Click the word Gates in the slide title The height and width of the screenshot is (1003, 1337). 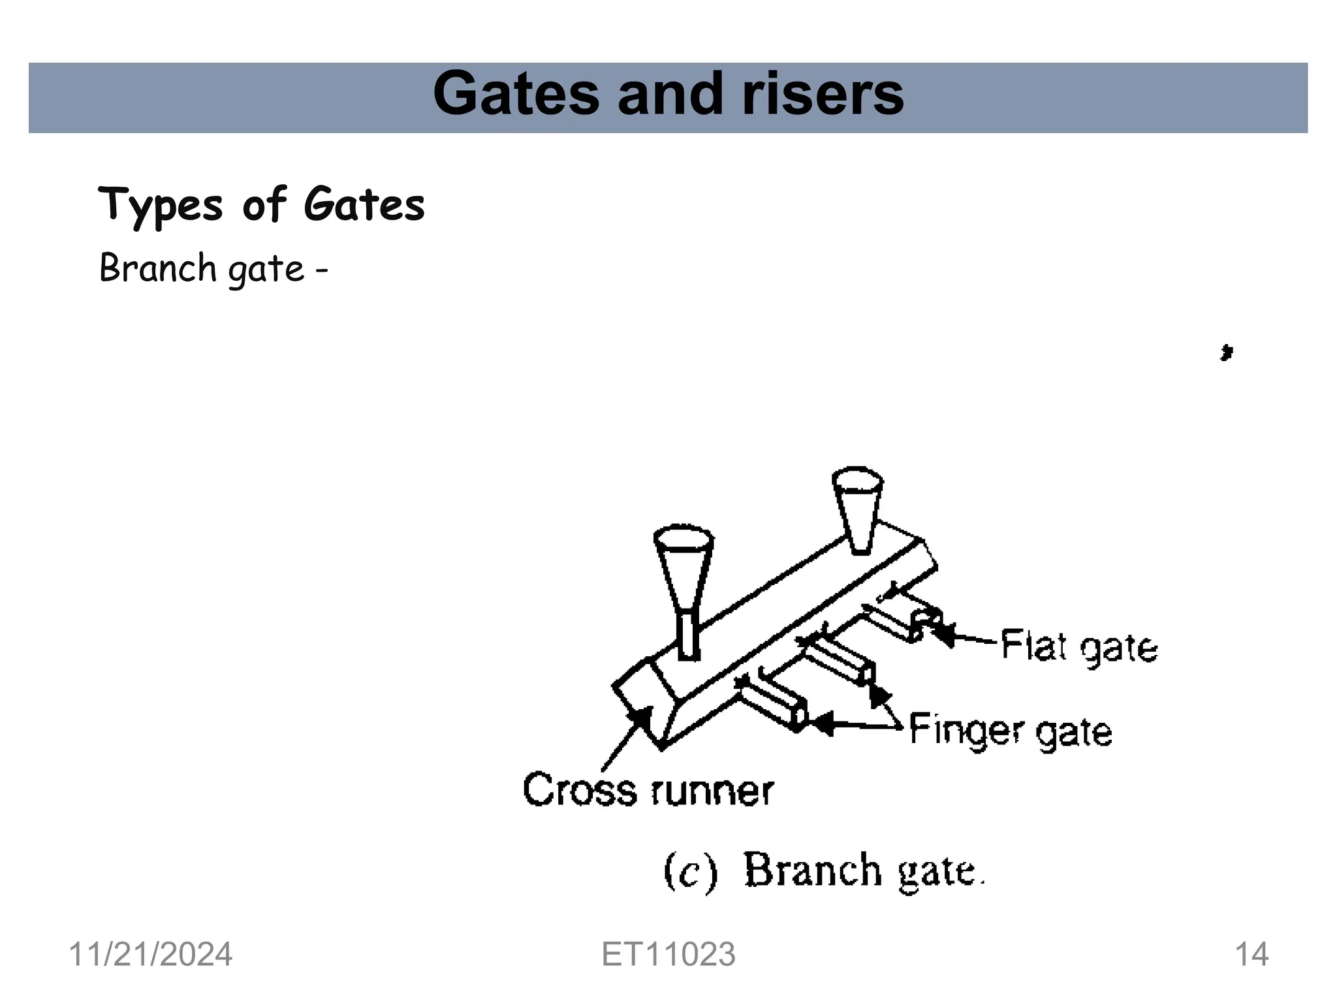coord(516,95)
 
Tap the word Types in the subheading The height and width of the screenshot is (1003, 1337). coord(160,205)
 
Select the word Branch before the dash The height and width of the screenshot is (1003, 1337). coord(157,268)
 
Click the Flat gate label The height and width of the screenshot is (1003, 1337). coord(1079,647)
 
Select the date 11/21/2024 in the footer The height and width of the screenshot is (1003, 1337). coord(150,955)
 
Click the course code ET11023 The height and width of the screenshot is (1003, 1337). coord(668,955)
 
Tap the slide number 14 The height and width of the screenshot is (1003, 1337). coord(1251,955)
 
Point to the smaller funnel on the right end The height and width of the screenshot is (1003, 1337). coord(857,506)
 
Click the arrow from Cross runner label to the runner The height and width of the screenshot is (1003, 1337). coord(623,738)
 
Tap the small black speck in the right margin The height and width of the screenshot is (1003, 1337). coord(1226,353)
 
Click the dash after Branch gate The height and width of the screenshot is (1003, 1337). coord(321,270)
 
